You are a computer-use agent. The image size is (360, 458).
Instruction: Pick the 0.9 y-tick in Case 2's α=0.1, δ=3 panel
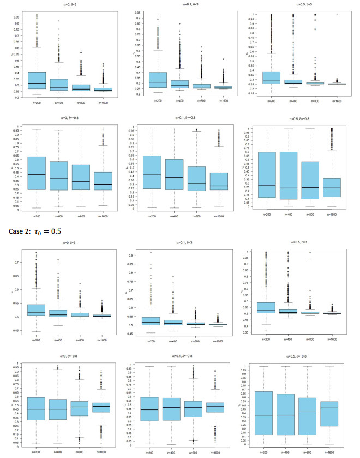(133, 255)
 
